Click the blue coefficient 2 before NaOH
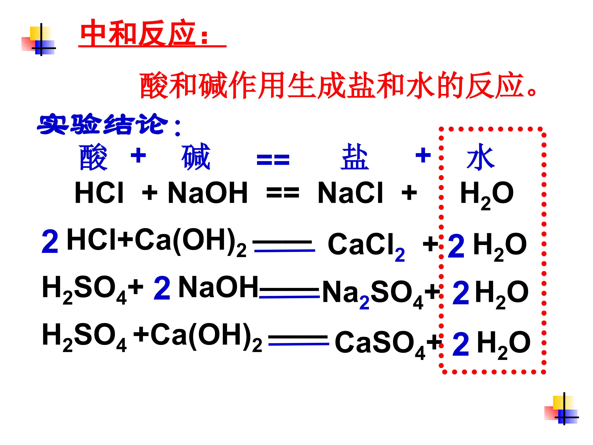point(162,288)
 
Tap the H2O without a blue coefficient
point(487,195)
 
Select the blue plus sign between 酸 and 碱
point(138,155)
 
